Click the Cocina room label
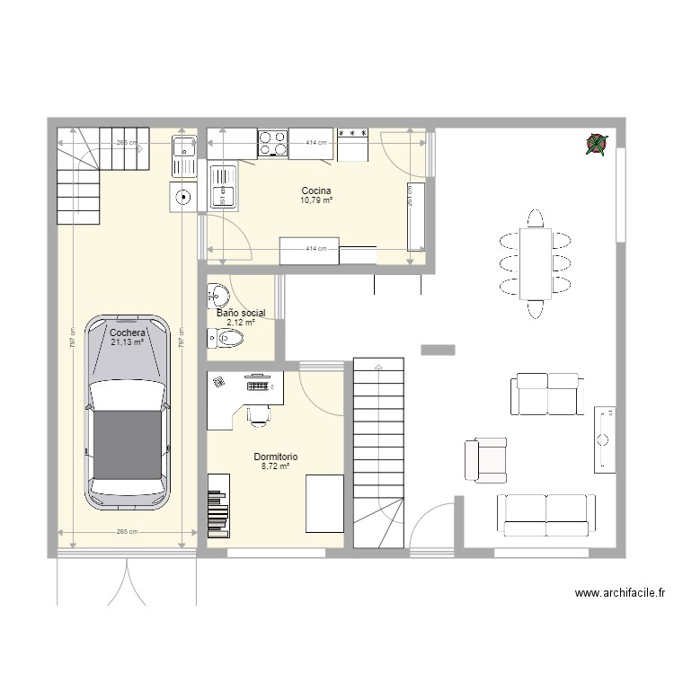pyautogui.click(x=316, y=191)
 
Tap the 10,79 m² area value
pyautogui.click(x=316, y=200)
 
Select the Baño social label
pyautogui.click(x=241, y=313)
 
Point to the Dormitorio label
pyautogui.click(x=275, y=457)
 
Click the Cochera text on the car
pyautogui.click(x=127, y=332)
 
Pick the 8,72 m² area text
pyautogui.click(x=275, y=466)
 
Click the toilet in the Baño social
pyautogui.click(x=226, y=339)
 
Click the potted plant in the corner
pyautogui.click(x=596, y=143)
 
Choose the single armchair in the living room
pyautogui.click(x=484, y=459)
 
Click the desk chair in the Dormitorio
pyautogui.click(x=258, y=412)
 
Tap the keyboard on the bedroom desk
pyautogui.click(x=258, y=386)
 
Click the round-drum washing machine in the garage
pyautogui.click(x=183, y=196)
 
